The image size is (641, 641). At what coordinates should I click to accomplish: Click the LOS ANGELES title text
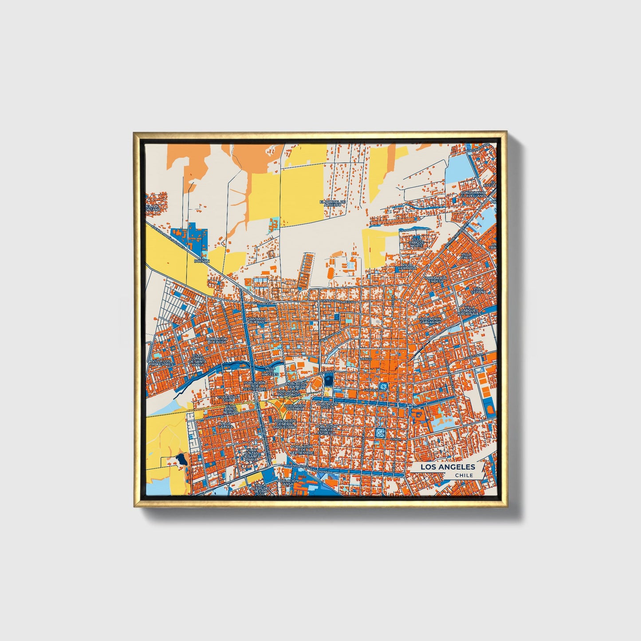click(x=447, y=467)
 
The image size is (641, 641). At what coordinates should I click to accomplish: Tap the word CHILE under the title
click(x=463, y=476)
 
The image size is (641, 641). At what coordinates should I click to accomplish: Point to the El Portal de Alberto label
click(x=332, y=203)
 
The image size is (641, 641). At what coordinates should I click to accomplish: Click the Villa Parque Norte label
click(x=417, y=242)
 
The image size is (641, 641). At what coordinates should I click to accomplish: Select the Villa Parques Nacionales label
click(x=469, y=310)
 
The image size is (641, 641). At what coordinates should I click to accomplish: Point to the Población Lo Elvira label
click(x=216, y=340)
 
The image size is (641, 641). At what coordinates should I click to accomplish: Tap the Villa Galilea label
click(x=225, y=426)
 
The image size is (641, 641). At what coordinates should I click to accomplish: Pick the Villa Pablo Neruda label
click(x=231, y=409)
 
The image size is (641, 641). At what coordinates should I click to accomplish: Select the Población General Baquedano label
click(x=290, y=424)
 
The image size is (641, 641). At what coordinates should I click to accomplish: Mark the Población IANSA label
click(x=287, y=483)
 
